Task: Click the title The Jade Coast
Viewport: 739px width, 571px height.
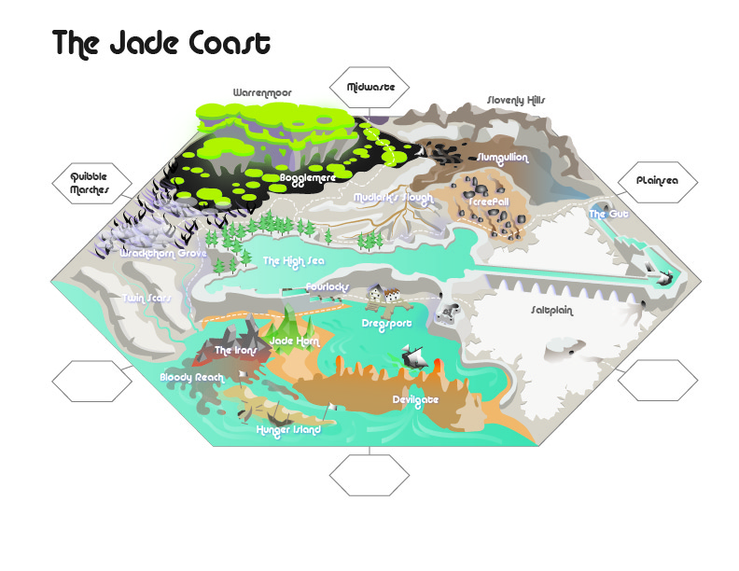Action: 161,44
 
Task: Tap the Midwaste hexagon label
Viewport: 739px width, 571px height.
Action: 370,88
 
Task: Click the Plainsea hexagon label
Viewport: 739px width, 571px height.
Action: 658,181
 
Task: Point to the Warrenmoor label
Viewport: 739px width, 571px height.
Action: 261,93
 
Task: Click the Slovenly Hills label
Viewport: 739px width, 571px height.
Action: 516,100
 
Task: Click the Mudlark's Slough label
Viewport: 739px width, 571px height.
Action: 395,198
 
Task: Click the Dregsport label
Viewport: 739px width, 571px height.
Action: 386,323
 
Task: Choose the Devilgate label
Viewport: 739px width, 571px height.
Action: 414,399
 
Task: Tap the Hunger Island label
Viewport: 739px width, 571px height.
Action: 288,430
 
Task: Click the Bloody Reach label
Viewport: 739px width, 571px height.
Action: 191,377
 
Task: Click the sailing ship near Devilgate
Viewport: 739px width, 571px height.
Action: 415,357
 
